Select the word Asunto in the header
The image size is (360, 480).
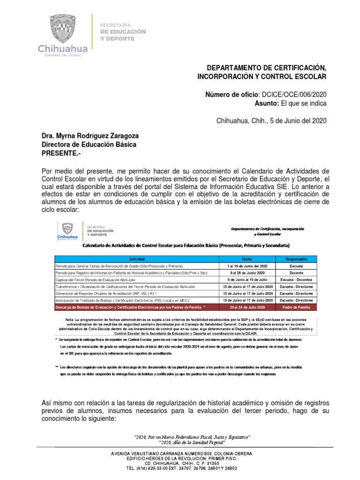266,103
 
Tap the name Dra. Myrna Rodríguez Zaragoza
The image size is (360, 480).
90,136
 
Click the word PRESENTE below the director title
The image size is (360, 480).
62,153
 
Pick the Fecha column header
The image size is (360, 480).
247,259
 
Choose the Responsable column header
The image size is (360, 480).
296,259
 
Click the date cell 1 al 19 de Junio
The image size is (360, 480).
247,265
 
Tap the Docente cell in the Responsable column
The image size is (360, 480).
296,272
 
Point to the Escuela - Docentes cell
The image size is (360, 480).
296,279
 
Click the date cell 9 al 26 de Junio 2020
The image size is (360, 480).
247,272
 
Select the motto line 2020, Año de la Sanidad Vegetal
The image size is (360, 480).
192,442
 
